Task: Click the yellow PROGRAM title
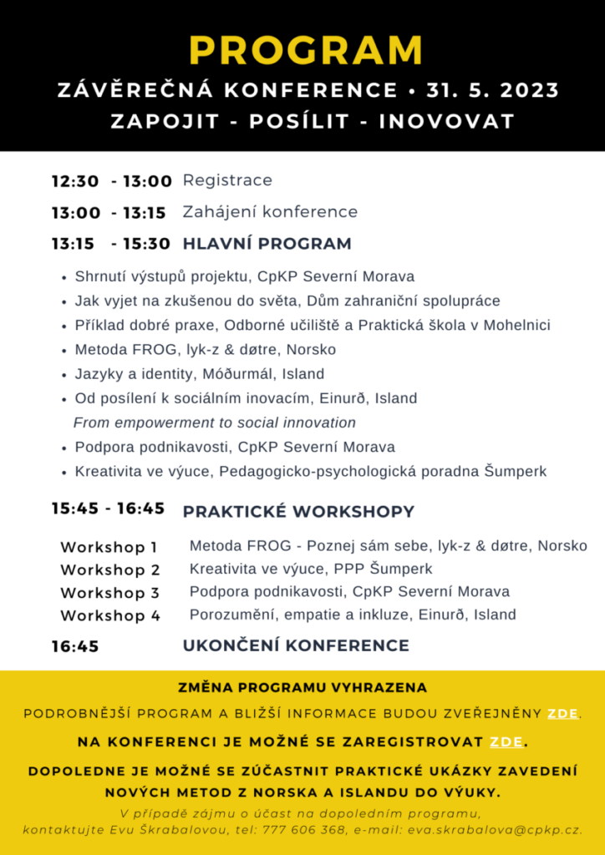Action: click(x=306, y=51)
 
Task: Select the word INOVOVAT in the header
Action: click(x=446, y=120)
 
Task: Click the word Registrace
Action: click(x=227, y=180)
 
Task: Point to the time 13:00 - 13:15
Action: click(x=109, y=212)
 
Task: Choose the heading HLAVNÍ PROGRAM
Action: click(x=267, y=244)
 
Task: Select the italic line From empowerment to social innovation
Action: click(x=215, y=422)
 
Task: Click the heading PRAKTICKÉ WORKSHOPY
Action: click(x=298, y=511)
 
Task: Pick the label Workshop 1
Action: click(x=109, y=548)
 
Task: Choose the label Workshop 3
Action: click(x=109, y=593)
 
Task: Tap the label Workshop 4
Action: click(x=109, y=615)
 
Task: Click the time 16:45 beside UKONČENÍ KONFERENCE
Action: click(x=75, y=645)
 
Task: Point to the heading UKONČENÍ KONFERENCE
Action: click(x=296, y=645)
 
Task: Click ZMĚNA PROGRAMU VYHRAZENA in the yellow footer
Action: click(x=302, y=688)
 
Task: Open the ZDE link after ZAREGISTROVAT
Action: click(x=506, y=741)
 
